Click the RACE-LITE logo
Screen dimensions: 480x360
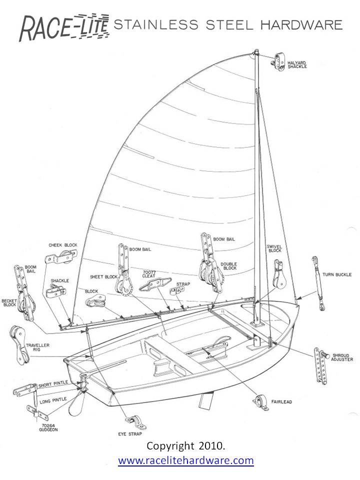64,27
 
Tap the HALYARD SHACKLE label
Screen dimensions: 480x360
297,64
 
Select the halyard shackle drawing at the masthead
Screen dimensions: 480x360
276,60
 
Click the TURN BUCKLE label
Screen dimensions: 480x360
337,274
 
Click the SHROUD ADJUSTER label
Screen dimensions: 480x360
342,357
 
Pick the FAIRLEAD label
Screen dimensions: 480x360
282,400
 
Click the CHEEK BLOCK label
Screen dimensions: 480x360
62,245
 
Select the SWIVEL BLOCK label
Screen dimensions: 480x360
275,249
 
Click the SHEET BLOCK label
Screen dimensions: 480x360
103,276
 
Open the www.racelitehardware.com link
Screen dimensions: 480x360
186,460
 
